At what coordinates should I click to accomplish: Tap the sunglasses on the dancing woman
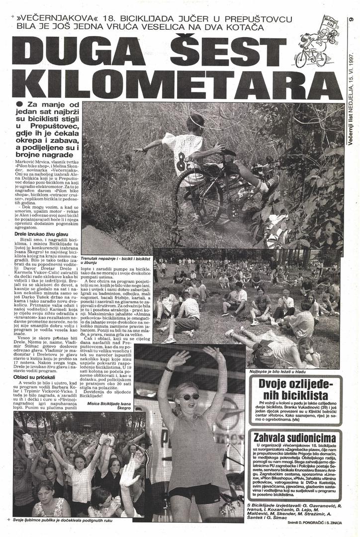(x=189, y=396)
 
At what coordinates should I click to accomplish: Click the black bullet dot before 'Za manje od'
(x=19, y=103)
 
